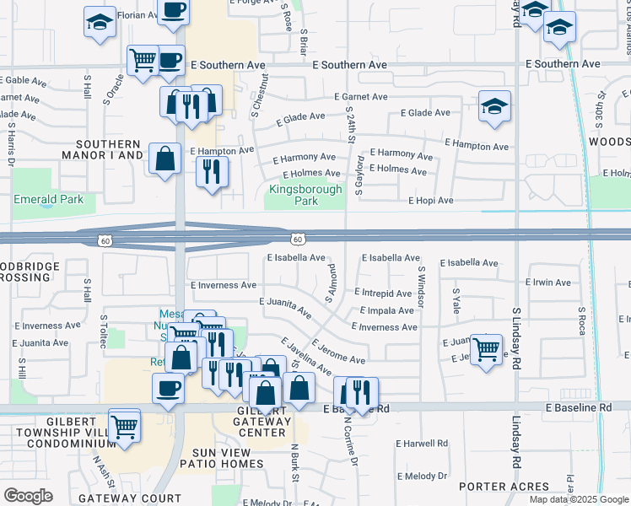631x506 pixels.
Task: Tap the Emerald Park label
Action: coord(48,200)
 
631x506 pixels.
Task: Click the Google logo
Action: coord(28,495)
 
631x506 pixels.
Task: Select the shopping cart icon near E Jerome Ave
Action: coord(486,348)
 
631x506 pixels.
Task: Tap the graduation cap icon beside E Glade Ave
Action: coord(494,107)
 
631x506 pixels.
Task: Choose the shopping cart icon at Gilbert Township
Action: coord(125,425)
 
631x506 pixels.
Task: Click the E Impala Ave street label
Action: coord(386,310)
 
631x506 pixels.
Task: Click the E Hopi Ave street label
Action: coord(431,201)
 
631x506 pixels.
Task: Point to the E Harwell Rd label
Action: coord(423,443)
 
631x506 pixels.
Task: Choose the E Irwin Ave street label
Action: coord(547,283)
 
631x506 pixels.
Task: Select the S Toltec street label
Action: coord(104,327)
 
